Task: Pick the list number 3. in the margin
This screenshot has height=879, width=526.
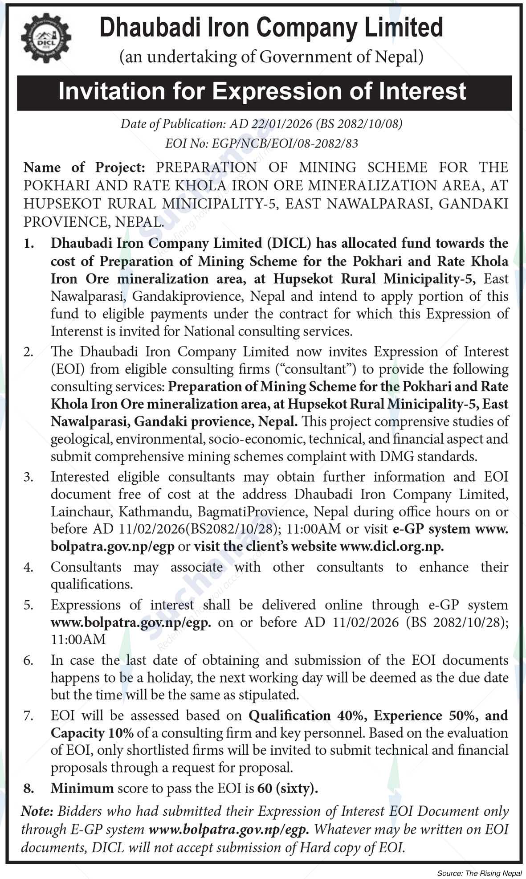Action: coord(29,477)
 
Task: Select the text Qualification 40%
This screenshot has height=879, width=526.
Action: coord(290,715)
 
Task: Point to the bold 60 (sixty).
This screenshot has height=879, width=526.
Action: coord(288,788)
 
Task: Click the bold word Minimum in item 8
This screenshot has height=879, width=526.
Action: coord(82,788)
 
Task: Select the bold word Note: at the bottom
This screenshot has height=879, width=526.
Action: coord(37,811)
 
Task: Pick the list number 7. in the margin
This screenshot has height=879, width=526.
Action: coord(29,715)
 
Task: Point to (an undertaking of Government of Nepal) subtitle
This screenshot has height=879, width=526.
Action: coord(270,57)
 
